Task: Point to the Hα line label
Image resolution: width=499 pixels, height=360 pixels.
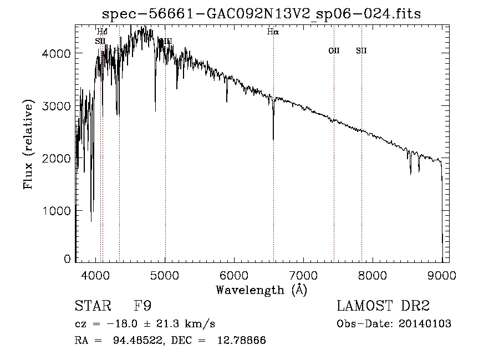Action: tap(273, 32)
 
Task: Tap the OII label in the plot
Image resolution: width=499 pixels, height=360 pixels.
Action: tap(334, 51)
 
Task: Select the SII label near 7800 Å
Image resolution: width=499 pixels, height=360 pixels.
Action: tap(361, 51)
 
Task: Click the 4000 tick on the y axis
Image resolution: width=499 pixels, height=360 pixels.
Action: tap(57, 53)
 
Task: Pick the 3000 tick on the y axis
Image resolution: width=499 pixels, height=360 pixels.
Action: tap(57, 106)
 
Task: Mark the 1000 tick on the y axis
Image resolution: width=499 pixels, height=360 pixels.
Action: tap(57, 211)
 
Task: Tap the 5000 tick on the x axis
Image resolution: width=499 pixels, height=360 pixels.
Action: tap(165, 275)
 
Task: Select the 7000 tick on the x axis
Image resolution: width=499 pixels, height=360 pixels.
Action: tap(304, 275)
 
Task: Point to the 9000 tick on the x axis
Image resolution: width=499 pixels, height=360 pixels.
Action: tap(442, 275)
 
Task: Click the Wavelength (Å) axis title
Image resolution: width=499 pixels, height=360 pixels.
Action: tap(261, 290)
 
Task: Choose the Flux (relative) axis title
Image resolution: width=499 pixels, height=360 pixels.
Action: tap(28, 145)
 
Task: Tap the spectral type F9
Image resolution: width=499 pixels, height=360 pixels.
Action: tap(143, 306)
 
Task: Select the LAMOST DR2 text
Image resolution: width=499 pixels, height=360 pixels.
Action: tap(383, 306)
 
